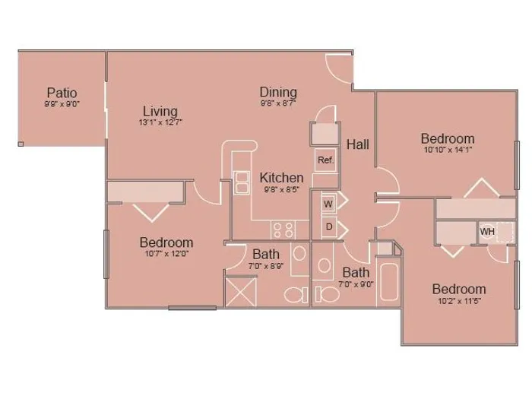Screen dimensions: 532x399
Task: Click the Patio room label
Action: coord(62,93)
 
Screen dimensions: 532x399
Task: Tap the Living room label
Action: coord(160,111)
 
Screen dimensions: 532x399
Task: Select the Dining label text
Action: coord(278,92)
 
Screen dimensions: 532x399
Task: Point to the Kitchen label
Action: coord(282,178)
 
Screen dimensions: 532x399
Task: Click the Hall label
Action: coord(358,144)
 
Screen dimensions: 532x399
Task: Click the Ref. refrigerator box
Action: coord(326,160)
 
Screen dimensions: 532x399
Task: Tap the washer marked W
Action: coord(328,204)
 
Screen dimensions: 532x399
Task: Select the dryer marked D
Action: coord(329,226)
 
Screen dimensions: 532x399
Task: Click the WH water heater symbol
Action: coord(487,232)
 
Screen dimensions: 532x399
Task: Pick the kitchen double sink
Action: coord(241,182)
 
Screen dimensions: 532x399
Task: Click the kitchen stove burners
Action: coord(283,230)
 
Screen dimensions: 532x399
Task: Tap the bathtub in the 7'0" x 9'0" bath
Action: coord(389,282)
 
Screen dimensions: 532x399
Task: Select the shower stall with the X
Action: coord(241,291)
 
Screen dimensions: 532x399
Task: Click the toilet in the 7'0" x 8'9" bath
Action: coord(296,295)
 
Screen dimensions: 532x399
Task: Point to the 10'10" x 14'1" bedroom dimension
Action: coord(448,149)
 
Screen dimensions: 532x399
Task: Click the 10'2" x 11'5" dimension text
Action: coord(459,300)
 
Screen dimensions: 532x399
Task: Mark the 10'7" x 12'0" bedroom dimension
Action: coord(166,253)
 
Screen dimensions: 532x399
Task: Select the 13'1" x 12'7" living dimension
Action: coord(160,122)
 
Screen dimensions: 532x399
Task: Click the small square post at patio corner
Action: coord(21,144)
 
